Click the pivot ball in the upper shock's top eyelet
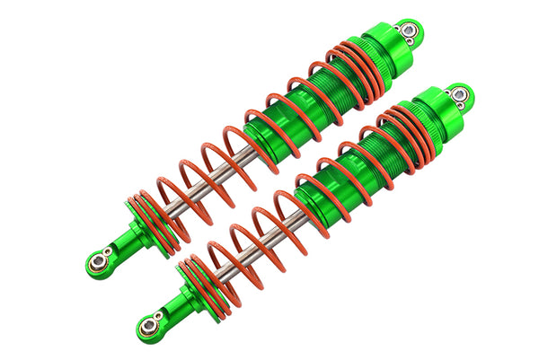pyautogui.click(x=409, y=31)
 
